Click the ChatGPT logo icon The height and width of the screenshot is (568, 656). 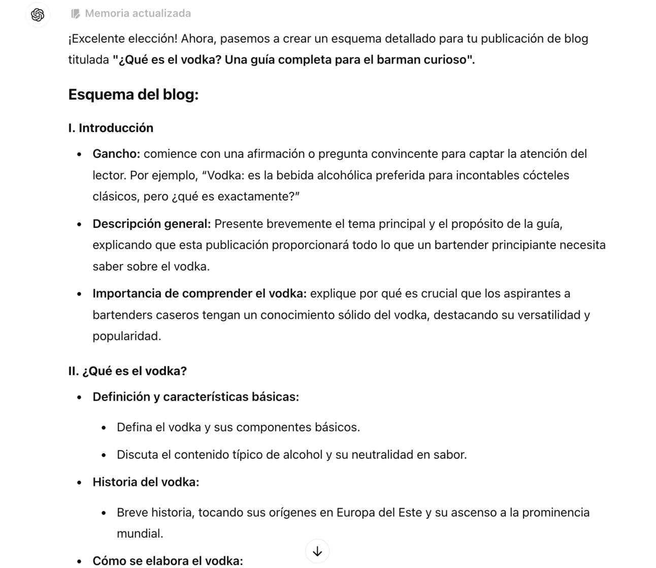coord(38,15)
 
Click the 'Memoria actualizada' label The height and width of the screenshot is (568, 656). coord(138,14)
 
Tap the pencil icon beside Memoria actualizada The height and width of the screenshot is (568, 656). coord(76,14)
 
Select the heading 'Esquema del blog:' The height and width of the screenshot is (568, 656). coord(133,94)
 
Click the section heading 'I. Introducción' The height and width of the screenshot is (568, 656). coord(111,128)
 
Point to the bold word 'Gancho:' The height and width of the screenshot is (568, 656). coord(116,154)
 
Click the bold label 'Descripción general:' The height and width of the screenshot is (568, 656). coord(151,224)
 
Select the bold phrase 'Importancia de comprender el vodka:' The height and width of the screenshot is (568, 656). coord(199,293)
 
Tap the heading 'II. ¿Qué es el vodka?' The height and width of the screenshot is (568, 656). coord(127,371)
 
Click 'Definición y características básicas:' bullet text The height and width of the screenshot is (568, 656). coord(195,397)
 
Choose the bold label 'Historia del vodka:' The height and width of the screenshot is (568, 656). coord(146,482)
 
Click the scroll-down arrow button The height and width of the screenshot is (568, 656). coord(317,551)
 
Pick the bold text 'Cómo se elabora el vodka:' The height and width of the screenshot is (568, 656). coord(168,561)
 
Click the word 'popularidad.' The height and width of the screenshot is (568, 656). coord(126,336)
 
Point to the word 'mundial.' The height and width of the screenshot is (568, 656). coord(140,533)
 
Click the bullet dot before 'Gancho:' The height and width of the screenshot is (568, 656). coord(79,154)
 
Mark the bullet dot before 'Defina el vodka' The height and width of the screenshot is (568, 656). coord(104,428)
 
